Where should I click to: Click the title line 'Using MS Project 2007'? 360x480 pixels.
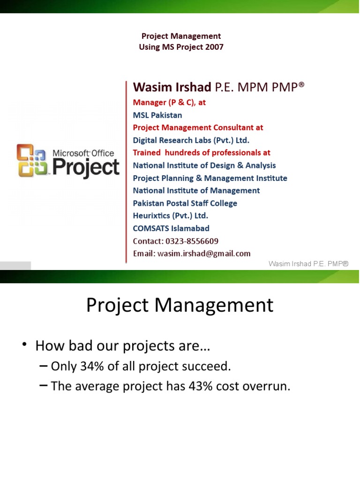pos(181,47)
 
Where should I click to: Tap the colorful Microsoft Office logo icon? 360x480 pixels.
pos(32,160)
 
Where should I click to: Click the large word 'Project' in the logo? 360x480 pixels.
pos(85,167)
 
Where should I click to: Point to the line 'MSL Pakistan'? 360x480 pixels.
pos(157,115)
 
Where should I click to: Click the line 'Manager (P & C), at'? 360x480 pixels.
pos(169,102)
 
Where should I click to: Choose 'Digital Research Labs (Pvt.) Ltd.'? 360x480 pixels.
pos(191,140)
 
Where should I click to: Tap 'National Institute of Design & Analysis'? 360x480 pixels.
pos(204,165)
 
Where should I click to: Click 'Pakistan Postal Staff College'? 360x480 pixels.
pos(185,203)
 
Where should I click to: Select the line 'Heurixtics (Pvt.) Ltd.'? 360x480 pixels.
pos(171,216)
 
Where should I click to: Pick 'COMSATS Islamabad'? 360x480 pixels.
pos(171,228)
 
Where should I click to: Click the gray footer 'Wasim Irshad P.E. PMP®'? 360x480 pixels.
pos(308,264)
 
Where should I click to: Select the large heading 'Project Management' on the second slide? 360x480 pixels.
pos(180,305)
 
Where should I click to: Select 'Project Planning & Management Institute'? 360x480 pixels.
pos(210,178)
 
